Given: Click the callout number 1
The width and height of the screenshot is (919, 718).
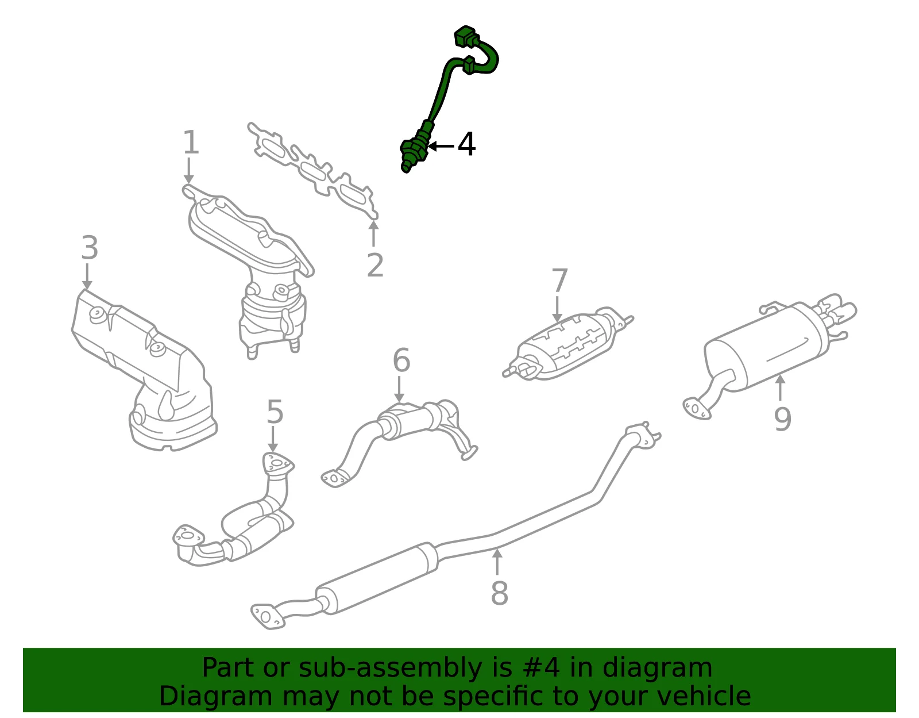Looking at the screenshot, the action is click(x=191, y=142).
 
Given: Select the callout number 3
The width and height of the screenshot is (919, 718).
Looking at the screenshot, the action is click(x=90, y=248).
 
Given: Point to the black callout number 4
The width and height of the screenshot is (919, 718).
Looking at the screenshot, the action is click(x=466, y=144).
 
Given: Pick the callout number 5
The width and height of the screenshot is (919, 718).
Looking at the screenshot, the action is click(x=275, y=412).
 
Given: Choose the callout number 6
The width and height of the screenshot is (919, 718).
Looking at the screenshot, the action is click(x=401, y=360).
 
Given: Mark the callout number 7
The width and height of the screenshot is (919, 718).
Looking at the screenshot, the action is click(x=559, y=280).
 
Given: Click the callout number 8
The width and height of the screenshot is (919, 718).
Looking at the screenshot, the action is click(x=500, y=593).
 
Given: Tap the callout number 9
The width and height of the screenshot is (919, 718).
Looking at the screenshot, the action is click(x=782, y=418).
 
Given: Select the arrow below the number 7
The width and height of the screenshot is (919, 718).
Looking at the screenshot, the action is click(x=557, y=309).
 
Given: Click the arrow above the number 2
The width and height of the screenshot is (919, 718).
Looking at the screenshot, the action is click(x=373, y=233).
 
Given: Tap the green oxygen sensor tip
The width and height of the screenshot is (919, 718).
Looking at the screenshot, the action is click(x=406, y=167).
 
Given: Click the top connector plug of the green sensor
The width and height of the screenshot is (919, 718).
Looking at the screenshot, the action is click(x=465, y=36).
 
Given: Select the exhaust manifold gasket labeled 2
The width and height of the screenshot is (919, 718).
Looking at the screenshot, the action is click(x=313, y=171).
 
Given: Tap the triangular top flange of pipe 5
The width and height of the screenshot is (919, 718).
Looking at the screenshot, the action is click(x=278, y=463).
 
